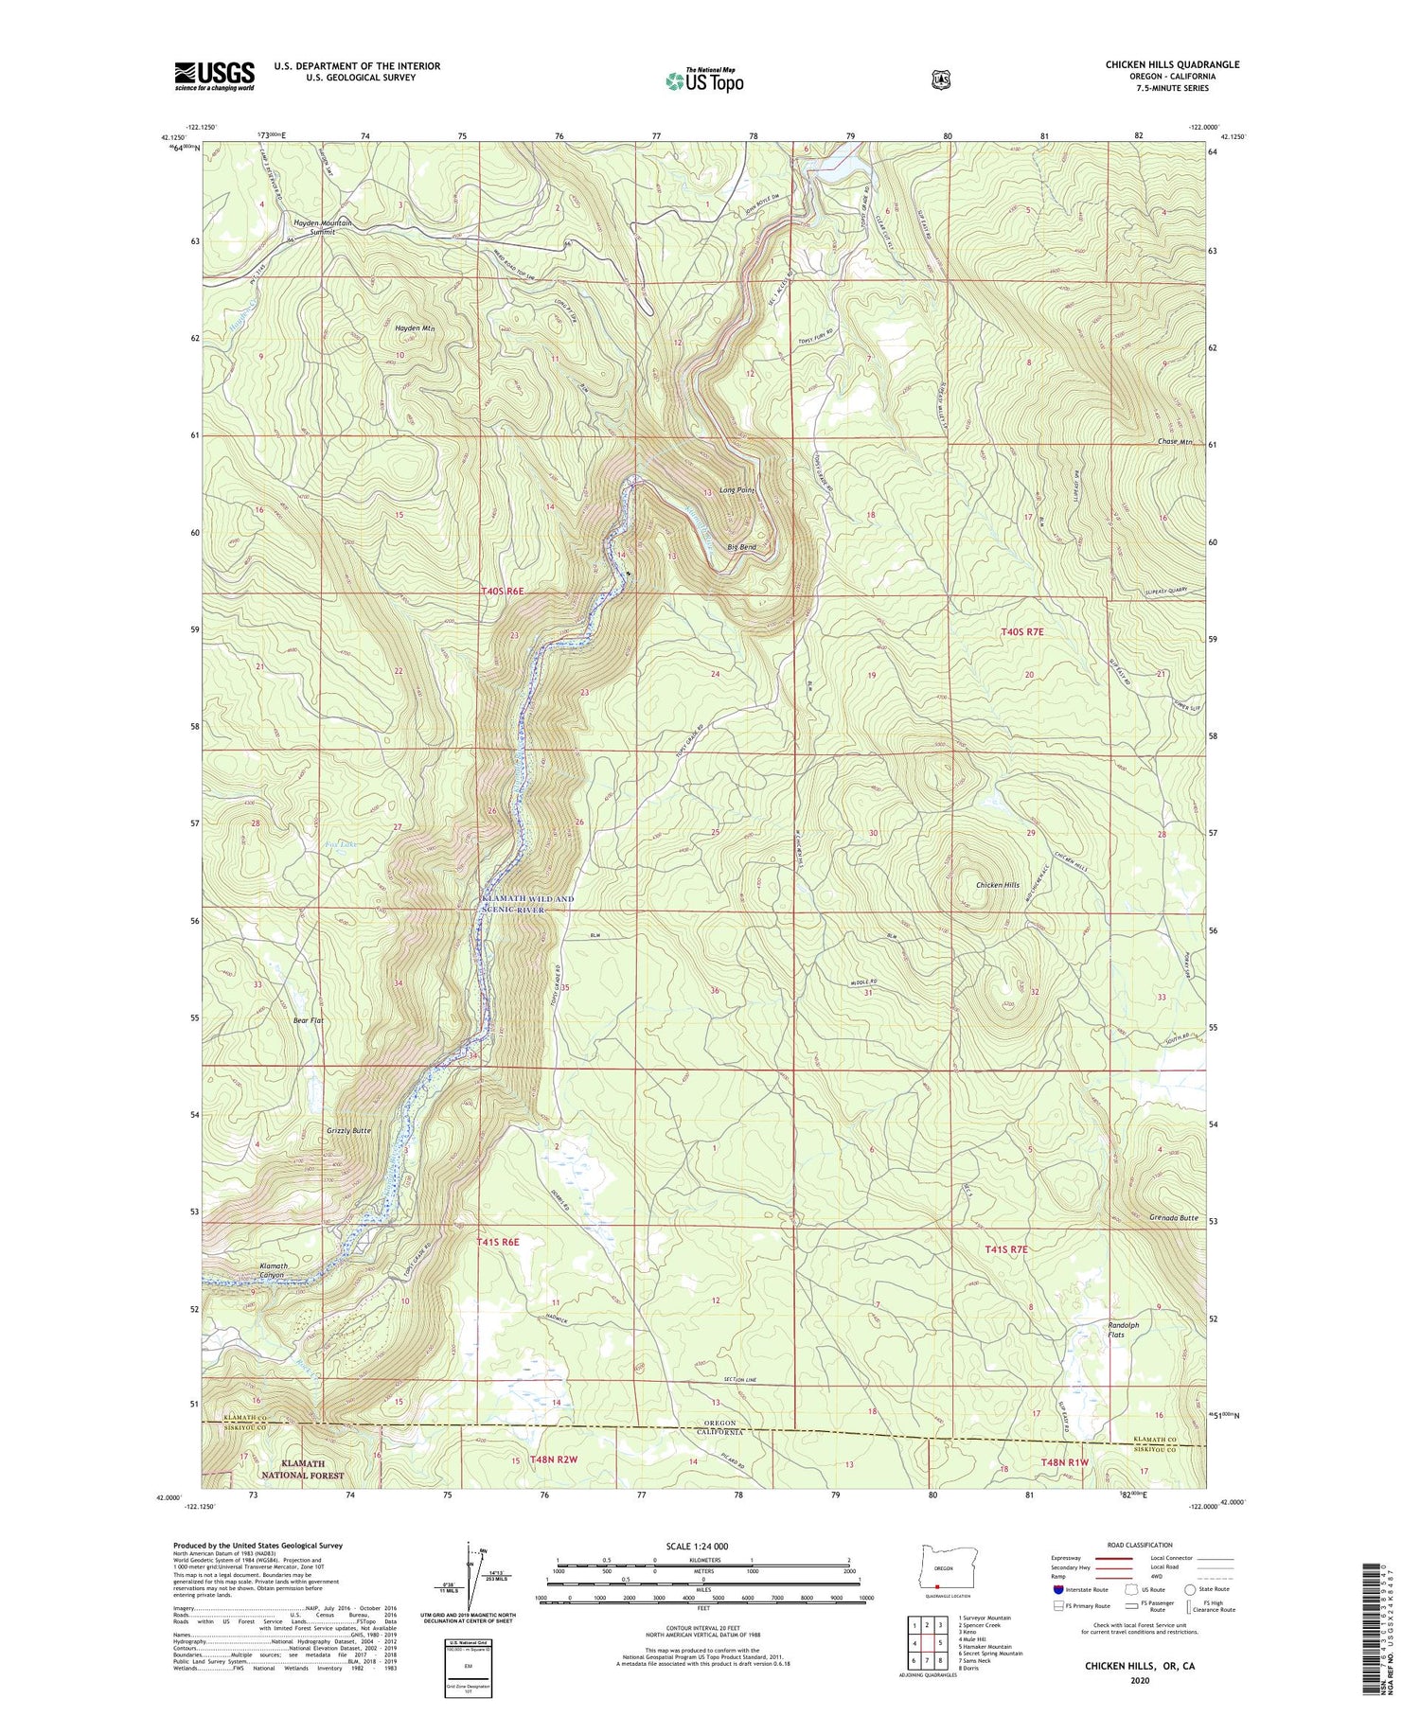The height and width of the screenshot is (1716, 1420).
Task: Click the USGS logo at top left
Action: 214,76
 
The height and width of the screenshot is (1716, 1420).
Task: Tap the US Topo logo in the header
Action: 704,80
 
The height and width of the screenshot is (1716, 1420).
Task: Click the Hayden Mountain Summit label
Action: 322,227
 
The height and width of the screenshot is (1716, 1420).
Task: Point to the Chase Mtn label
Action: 1174,442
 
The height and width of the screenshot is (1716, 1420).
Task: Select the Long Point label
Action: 736,490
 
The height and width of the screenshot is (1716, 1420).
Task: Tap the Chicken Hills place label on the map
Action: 998,885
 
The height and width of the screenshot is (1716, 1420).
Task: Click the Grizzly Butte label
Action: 348,1131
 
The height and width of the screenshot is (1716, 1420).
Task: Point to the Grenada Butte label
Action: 1174,1218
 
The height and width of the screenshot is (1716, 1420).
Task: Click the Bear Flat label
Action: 308,1020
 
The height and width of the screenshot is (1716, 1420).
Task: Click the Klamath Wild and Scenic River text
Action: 514,903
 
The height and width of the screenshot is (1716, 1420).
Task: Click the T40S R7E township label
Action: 1022,631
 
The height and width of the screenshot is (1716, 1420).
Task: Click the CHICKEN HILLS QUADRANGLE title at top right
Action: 1172,64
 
